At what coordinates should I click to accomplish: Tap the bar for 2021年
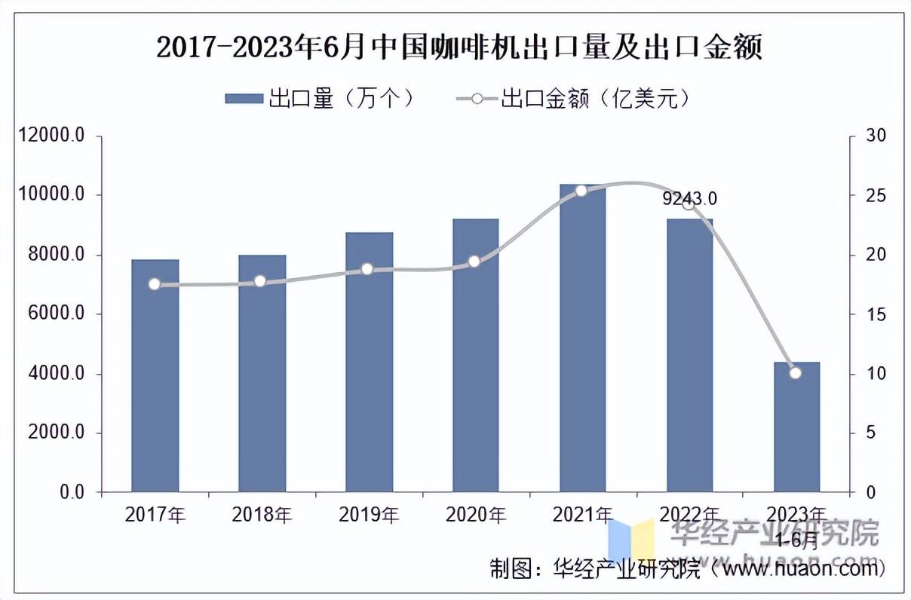583,339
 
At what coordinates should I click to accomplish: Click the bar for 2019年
370,362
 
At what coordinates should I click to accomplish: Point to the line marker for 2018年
260,281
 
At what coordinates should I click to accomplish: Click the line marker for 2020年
474,262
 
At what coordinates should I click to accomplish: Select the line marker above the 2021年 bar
581,191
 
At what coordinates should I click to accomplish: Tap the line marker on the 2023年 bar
795,372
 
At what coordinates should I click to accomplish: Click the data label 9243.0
689,199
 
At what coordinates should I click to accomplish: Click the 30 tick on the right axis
875,136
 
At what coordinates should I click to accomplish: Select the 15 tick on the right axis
875,314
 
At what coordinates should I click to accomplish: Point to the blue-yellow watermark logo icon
632,537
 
